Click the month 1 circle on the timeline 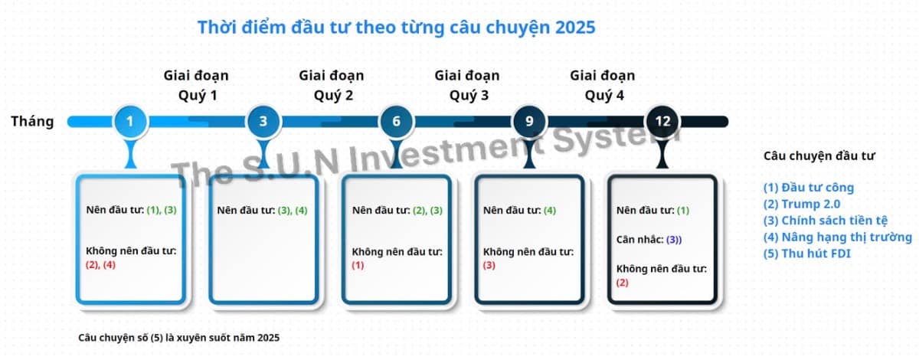click(129, 121)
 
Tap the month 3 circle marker click(263, 121)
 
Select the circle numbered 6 click(396, 121)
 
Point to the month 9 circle click(529, 121)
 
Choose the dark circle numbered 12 click(662, 121)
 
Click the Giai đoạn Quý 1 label click(196, 85)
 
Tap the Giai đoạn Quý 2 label click(332, 85)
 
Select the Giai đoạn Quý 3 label click(466, 85)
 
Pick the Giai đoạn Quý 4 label click(602, 85)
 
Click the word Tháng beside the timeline click(32, 121)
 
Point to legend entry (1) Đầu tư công click(808, 187)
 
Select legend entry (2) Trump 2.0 click(801, 204)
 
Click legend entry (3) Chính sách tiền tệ click(826, 221)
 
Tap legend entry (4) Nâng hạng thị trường click(837, 237)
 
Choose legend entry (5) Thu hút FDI click(806, 254)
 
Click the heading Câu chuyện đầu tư click(819, 155)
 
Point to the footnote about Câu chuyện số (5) click(179, 337)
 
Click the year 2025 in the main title click(571, 28)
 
